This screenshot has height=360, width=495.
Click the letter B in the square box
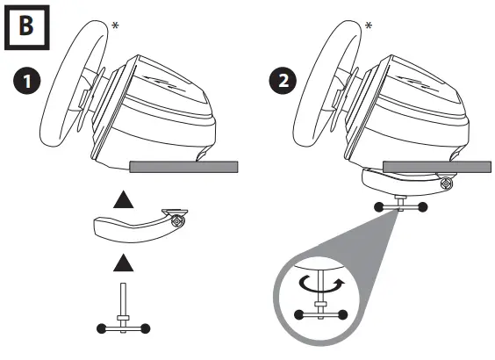pyautogui.click(x=26, y=25)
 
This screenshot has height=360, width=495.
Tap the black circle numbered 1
pyautogui.click(x=27, y=81)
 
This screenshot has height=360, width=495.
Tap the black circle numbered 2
pyautogui.click(x=283, y=81)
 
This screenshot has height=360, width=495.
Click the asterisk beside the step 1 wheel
pyautogui.click(x=116, y=25)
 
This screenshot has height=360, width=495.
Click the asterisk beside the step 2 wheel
pyautogui.click(x=369, y=25)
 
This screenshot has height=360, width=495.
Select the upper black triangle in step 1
pyautogui.click(x=123, y=199)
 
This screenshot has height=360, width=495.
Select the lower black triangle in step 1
pyautogui.click(x=123, y=263)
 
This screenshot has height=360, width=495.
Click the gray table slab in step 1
pyautogui.click(x=183, y=167)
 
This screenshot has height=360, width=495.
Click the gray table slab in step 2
pyautogui.click(x=437, y=167)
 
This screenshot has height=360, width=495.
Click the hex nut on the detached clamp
pyautogui.click(x=176, y=221)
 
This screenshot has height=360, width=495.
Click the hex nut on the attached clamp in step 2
pyautogui.click(x=447, y=184)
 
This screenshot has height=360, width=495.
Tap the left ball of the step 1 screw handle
pyautogui.click(x=101, y=328)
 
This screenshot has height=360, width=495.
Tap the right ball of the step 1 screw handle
pyautogui.click(x=145, y=328)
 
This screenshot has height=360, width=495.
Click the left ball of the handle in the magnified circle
pyautogui.click(x=298, y=315)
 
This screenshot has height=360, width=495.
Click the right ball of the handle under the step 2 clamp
pyautogui.click(x=423, y=207)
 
